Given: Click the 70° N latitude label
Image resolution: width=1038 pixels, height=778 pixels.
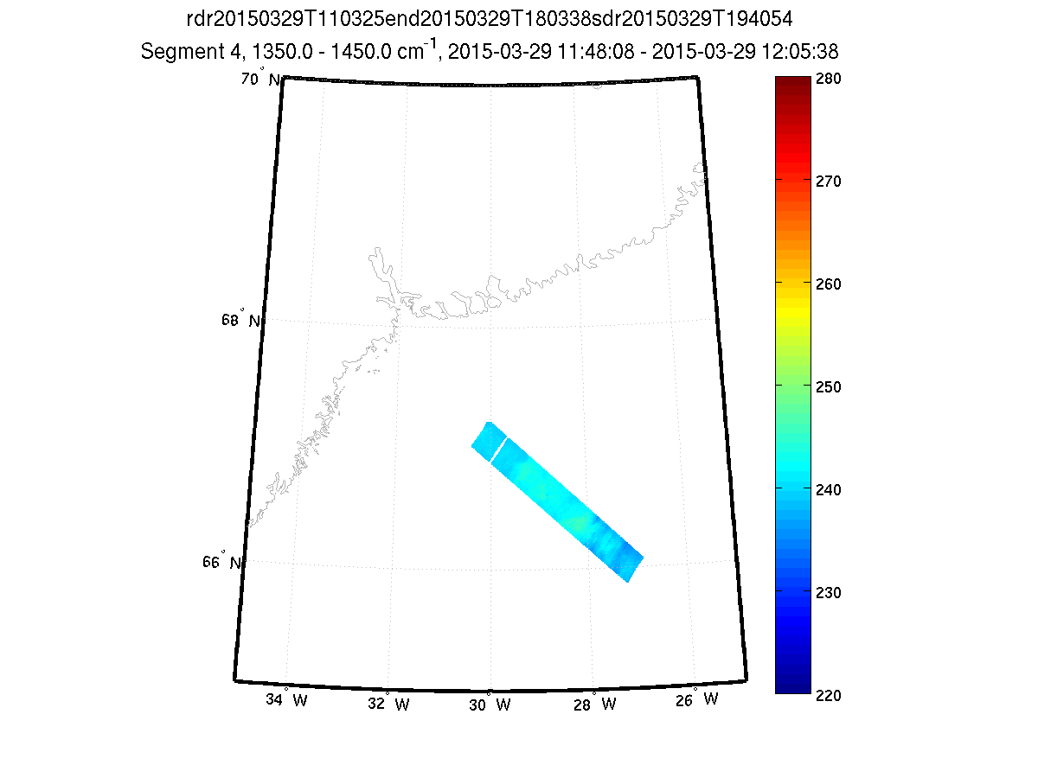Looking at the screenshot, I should coord(259,80).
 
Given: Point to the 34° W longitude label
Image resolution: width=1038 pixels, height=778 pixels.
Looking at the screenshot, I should coord(286,699).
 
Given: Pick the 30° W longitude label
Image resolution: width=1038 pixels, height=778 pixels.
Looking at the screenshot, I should coord(490,705).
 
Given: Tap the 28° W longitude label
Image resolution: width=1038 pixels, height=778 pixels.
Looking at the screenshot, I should coord(594,704).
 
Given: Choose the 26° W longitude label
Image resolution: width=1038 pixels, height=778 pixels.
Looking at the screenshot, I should coord(697,698).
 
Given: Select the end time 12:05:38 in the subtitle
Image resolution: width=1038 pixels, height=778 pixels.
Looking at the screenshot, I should coord(800,53).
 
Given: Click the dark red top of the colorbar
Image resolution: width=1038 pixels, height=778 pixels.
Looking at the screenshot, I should coord(793,82).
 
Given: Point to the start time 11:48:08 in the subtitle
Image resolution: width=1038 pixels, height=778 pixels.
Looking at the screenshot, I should coord(607,53).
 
